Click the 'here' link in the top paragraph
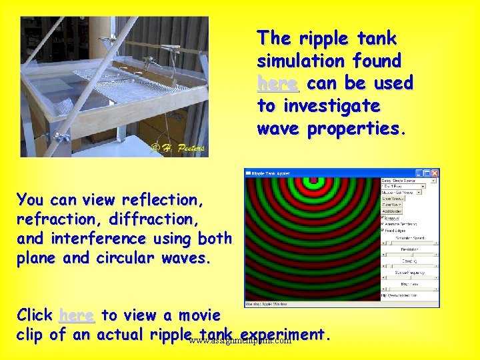tap(277, 83)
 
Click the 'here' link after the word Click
tap(76, 315)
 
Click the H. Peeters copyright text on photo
tap(178, 147)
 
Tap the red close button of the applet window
tap(435, 173)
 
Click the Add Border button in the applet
tap(392, 211)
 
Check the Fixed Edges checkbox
tap(383, 230)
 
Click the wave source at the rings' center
tap(311, 179)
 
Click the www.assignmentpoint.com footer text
tap(240, 341)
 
